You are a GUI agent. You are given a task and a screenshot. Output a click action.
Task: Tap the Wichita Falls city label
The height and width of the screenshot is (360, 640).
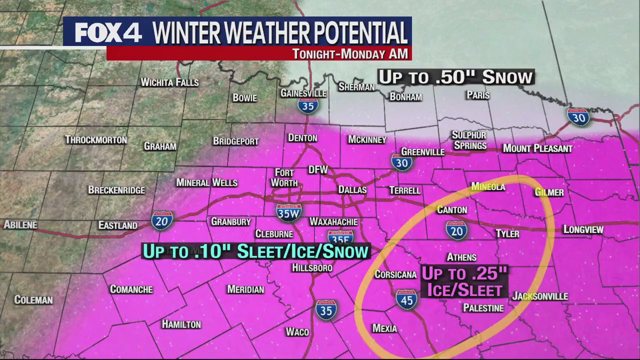coord(169,82)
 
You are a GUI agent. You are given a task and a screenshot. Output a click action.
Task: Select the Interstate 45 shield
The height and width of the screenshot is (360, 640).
coord(406,299)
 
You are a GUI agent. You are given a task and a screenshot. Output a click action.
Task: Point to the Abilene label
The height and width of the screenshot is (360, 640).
coord(20,225)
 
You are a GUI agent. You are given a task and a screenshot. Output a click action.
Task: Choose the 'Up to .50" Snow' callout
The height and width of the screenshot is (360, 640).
coord(455,77)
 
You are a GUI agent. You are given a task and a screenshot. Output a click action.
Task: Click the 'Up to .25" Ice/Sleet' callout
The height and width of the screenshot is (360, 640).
coord(464,281)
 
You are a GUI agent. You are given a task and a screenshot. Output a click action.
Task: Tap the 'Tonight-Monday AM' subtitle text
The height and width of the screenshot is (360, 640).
coord(350,54)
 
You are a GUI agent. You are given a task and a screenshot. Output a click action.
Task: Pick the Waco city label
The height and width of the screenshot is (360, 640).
coord(297,332)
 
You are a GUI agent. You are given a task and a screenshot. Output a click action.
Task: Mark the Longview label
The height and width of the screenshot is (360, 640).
coord(583,229)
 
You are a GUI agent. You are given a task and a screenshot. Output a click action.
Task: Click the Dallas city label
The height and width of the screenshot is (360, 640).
coord(352,190)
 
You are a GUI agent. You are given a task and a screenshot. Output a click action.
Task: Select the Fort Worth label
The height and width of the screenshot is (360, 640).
coord(284,178)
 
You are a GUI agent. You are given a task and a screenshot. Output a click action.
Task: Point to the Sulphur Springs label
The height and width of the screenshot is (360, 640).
coord(469,140)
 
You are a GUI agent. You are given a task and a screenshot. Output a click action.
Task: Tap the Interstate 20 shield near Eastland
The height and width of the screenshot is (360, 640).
coord(162,220)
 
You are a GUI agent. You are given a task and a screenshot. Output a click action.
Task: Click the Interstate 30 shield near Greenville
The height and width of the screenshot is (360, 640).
coord(401,162)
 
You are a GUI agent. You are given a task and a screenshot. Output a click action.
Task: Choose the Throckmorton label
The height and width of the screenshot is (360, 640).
coord(96,140)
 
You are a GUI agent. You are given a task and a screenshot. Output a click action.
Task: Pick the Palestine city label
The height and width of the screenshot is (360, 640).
coord(483,308)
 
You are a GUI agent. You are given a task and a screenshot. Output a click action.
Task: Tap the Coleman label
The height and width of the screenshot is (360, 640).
coord(33,300)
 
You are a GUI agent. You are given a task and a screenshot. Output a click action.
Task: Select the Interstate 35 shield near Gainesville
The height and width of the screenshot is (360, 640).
coord(308,105)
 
